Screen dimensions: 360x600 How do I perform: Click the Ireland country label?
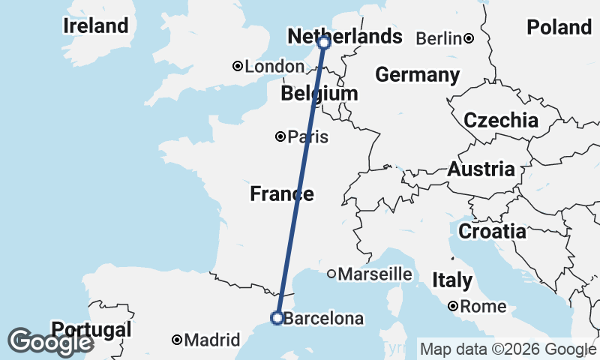[96, 25]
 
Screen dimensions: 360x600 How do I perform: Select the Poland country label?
[559, 28]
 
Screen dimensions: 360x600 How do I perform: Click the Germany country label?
[418, 75]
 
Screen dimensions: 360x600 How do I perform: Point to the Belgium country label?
[319, 94]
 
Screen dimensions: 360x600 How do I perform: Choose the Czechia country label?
[501, 120]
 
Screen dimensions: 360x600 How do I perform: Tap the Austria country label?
[481, 169]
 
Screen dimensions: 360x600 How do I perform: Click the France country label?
[282, 194]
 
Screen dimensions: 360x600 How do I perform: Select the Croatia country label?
[492, 231]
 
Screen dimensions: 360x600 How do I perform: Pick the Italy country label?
[452, 280]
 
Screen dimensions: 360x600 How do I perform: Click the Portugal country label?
[91, 329]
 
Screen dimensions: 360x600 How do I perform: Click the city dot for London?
[238, 67]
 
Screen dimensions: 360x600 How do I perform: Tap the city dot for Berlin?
[468, 38]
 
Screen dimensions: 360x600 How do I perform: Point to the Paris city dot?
[280, 136]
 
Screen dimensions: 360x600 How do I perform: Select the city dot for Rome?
[454, 306]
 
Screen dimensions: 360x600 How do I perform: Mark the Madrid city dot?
[177, 340]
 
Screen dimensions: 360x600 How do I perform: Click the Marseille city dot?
[331, 274]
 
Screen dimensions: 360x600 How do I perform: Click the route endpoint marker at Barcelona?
[277, 318]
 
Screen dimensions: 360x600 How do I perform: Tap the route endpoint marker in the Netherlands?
[324, 43]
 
